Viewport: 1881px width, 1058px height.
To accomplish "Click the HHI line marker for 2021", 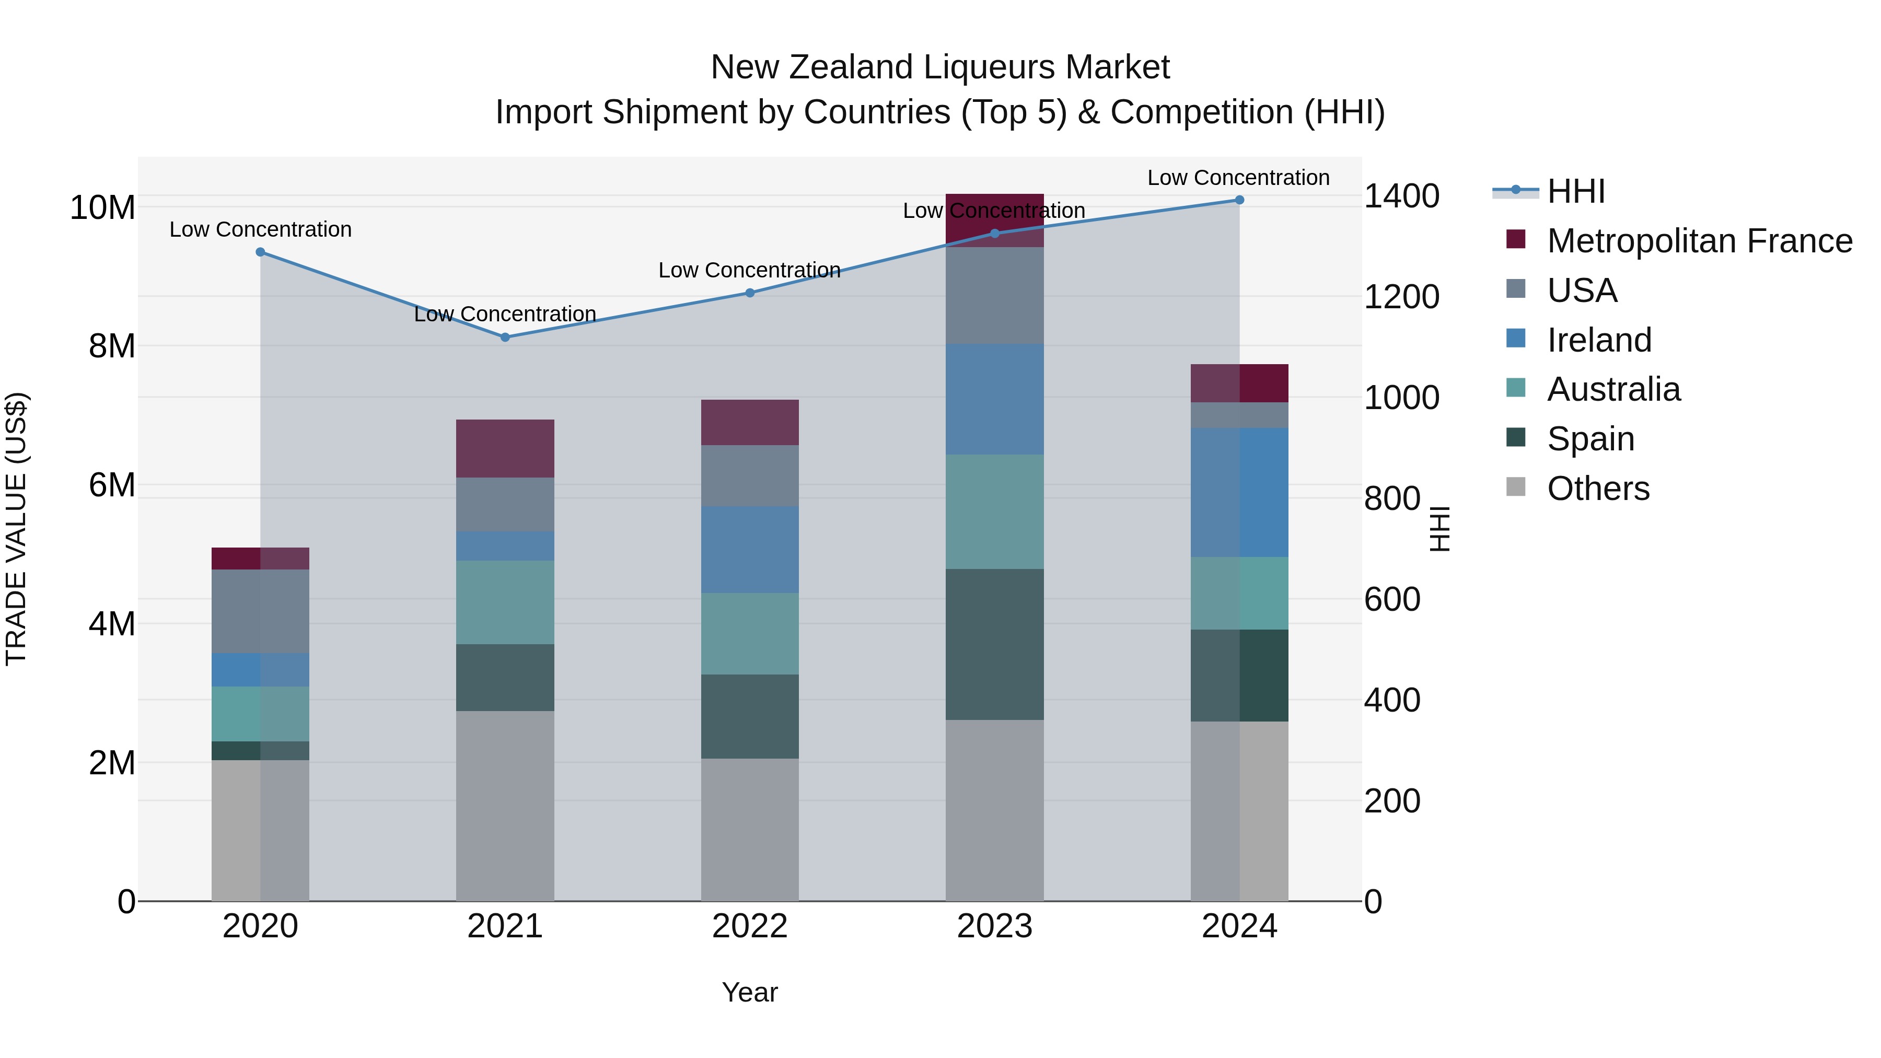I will tap(505, 338).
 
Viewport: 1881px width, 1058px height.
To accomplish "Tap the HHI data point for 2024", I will tap(1239, 200).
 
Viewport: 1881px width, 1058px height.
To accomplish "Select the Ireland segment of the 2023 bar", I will tap(994, 399).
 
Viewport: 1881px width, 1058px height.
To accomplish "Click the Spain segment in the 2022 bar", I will tap(750, 716).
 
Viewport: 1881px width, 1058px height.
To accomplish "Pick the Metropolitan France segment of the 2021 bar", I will tap(505, 448).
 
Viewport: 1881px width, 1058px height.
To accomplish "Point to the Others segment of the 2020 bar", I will tap(260, 830).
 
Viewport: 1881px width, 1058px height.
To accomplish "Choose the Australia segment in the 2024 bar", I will tap(1239, 593).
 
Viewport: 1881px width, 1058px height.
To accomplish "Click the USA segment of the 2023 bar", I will tap(994, 296).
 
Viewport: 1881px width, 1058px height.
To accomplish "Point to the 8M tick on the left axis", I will tap(112, 346).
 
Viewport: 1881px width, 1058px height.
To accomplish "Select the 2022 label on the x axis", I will tap(750, 926).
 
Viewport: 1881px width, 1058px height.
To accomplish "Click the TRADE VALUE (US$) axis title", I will tap(16, 529).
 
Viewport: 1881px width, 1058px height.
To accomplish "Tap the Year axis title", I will tap(750, 992).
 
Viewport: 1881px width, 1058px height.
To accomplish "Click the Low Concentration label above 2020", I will tap(260, 229).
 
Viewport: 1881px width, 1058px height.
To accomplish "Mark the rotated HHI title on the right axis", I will tap(1439, 529).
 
